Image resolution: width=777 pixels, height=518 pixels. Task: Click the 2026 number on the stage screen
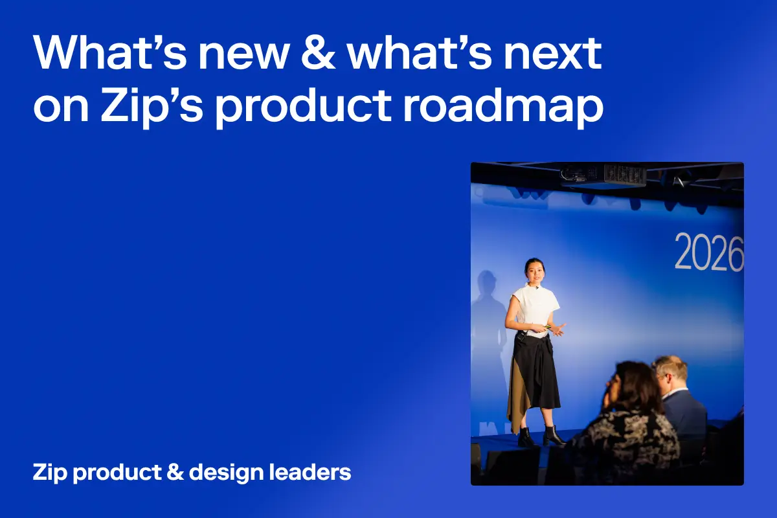pos(709,253)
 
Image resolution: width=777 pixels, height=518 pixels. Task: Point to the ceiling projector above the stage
pos(603,175)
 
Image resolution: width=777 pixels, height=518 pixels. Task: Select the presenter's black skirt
pos(537,372)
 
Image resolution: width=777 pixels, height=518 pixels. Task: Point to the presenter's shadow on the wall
pos(490,324)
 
